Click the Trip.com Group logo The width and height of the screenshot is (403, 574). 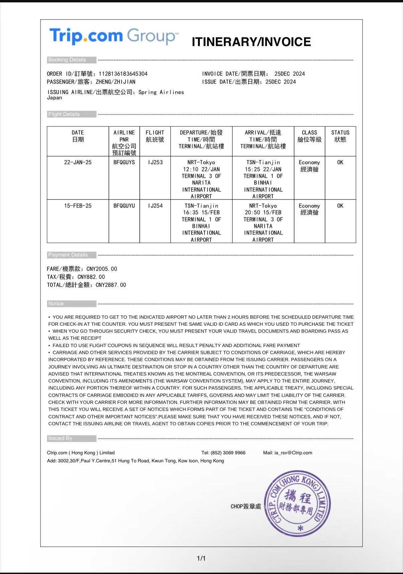coord(114,36)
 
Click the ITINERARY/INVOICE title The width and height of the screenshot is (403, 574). coord(251,42)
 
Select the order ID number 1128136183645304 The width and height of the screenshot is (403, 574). coord(123,74)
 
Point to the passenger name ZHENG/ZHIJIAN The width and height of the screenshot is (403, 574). coord(116,82)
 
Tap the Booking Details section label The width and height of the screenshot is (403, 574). coord(67,60)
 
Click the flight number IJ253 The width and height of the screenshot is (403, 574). coord(155,162)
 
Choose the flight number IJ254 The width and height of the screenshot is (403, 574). coord(155,206)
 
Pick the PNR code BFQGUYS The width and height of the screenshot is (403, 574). coord(124,162)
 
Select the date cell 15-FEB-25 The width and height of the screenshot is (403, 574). coord(78,206)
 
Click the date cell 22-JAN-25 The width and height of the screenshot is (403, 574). coord(78,162)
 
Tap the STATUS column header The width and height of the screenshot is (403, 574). coord(340,136)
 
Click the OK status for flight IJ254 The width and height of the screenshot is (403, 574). coord(340,206)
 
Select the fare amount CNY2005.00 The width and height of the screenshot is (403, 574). coord(102,269)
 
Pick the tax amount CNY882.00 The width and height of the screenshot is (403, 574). coord(91,277)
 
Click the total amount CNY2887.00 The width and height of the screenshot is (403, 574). coord(111,285)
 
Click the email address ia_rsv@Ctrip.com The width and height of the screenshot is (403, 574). coord(293,453)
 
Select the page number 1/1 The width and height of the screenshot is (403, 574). coord(201,558)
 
